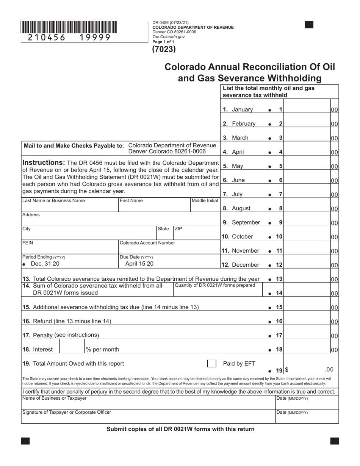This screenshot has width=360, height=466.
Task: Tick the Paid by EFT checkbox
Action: tap(211, 364)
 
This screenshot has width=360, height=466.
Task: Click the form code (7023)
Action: tap(164, 49)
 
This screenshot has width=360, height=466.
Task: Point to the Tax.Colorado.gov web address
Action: tap(169, 37)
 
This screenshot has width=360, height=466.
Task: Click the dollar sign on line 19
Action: tap(286, 370)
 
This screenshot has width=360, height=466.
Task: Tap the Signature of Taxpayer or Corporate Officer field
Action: tap(148, 418)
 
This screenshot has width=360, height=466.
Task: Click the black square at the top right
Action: tap(309, 25)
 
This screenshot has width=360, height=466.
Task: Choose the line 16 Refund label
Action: tap(67, 321)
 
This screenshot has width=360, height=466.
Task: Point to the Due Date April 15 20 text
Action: tap(139, 264)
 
